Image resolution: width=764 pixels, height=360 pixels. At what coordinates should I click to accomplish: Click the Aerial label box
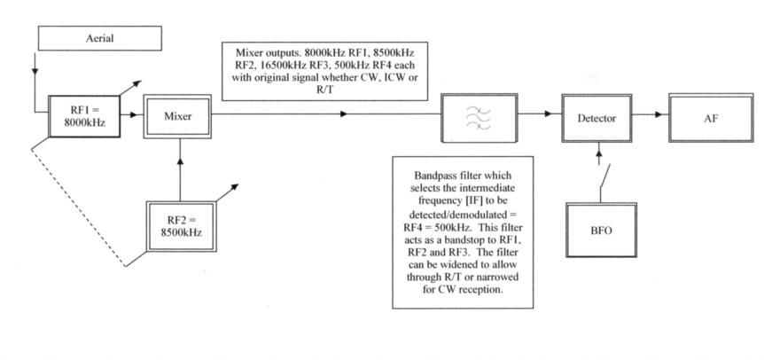(x=100, y=38)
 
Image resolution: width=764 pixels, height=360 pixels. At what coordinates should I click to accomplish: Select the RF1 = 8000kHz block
(x=84, y=116)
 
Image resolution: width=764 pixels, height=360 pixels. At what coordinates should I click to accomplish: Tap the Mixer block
(x=177, y=116)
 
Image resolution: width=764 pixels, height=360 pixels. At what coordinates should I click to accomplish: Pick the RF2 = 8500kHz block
(x=181, y=226)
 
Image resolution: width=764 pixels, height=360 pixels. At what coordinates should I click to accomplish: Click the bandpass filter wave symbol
(x=478, y=119)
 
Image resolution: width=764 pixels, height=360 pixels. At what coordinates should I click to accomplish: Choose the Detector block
(x=596, y=118)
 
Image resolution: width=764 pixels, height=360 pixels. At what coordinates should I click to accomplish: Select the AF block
(x=711, y=118)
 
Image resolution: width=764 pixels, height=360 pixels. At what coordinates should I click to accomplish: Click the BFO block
(x=601, y=230)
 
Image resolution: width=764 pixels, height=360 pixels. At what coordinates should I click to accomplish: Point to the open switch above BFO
(x=604, y=176)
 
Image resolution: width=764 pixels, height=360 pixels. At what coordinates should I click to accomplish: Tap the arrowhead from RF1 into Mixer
(x=135, y=115)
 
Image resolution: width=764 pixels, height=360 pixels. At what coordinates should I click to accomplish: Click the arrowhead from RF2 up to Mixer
(x=180, y=161)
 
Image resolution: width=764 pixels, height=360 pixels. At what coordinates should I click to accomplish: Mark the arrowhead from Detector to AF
(x=659, y=114)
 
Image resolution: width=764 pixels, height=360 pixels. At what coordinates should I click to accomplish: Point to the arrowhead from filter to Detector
(x=548, y=114)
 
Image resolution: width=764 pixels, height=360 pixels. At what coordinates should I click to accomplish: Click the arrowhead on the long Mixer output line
(x=344, y=114)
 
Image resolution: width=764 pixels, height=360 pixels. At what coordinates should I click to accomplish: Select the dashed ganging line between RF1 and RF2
(x=78, y=207)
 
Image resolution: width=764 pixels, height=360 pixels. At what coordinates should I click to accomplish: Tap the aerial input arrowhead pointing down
(x=35, y=71)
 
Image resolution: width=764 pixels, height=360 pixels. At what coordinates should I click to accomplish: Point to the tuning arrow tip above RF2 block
(x=238, y=185)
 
